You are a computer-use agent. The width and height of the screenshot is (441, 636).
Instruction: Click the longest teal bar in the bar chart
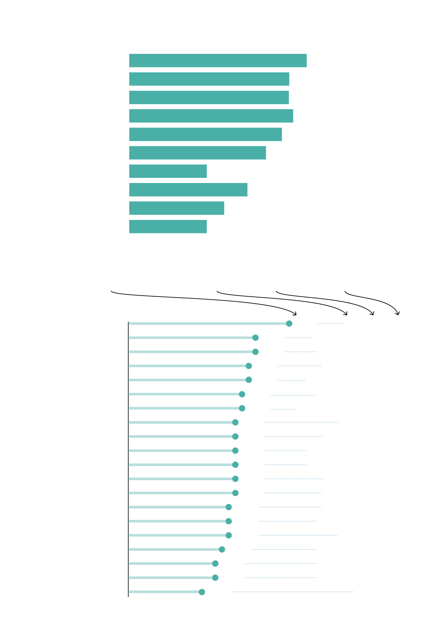pyautogui.click(x=218, y=60)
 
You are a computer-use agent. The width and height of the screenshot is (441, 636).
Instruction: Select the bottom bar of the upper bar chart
pyautogui.click(x=168, y=226)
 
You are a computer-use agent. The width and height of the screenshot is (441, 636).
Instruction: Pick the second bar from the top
pyautogui.click(x=209, y=79)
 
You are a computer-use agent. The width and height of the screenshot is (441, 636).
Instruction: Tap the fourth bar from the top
pyautogui.click(x=211, y=116)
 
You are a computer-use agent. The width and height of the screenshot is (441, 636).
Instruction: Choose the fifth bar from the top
pyautogui.click(x=205, y=134)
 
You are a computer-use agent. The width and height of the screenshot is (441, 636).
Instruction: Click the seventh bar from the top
pyautogui.click(x=168, y=171)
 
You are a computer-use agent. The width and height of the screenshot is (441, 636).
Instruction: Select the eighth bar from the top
pyautogui.click(x=188, y=190)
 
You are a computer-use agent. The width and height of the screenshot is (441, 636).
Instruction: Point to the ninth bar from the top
pyautogui.click(x=176, y=208)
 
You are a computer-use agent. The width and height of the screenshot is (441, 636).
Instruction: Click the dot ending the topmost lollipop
pyautogui.click(x=289, y=323)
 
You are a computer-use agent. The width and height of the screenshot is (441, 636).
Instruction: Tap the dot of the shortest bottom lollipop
pyautogui.click(x=202, y=592)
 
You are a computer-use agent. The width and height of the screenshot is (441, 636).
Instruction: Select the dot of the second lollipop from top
pyautogui.click(x=255, y=338)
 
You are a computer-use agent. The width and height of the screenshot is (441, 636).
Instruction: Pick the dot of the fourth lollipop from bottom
pyautogui.click(x=222, y=549)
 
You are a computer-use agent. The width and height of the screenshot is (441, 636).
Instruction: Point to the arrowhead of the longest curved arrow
pyautogui.click(x=295, y=314)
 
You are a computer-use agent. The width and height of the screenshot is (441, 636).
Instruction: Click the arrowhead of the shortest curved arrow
pyautogui.click(x=398, y=313)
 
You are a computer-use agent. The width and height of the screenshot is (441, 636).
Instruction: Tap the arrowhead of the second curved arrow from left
pyautogui.click(x=346, y=314)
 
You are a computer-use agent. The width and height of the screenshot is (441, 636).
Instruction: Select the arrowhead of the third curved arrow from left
pyautogui.click(x=372, y=314)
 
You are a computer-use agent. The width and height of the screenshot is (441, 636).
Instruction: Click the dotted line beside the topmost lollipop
pyautogui.click(x=331, y=323)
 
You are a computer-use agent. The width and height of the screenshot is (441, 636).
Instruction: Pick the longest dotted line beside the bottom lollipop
pyautogui.click(x=292, y=592)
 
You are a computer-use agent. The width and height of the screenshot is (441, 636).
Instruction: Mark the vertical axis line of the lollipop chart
pyautogui.click(x=129, y=457)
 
